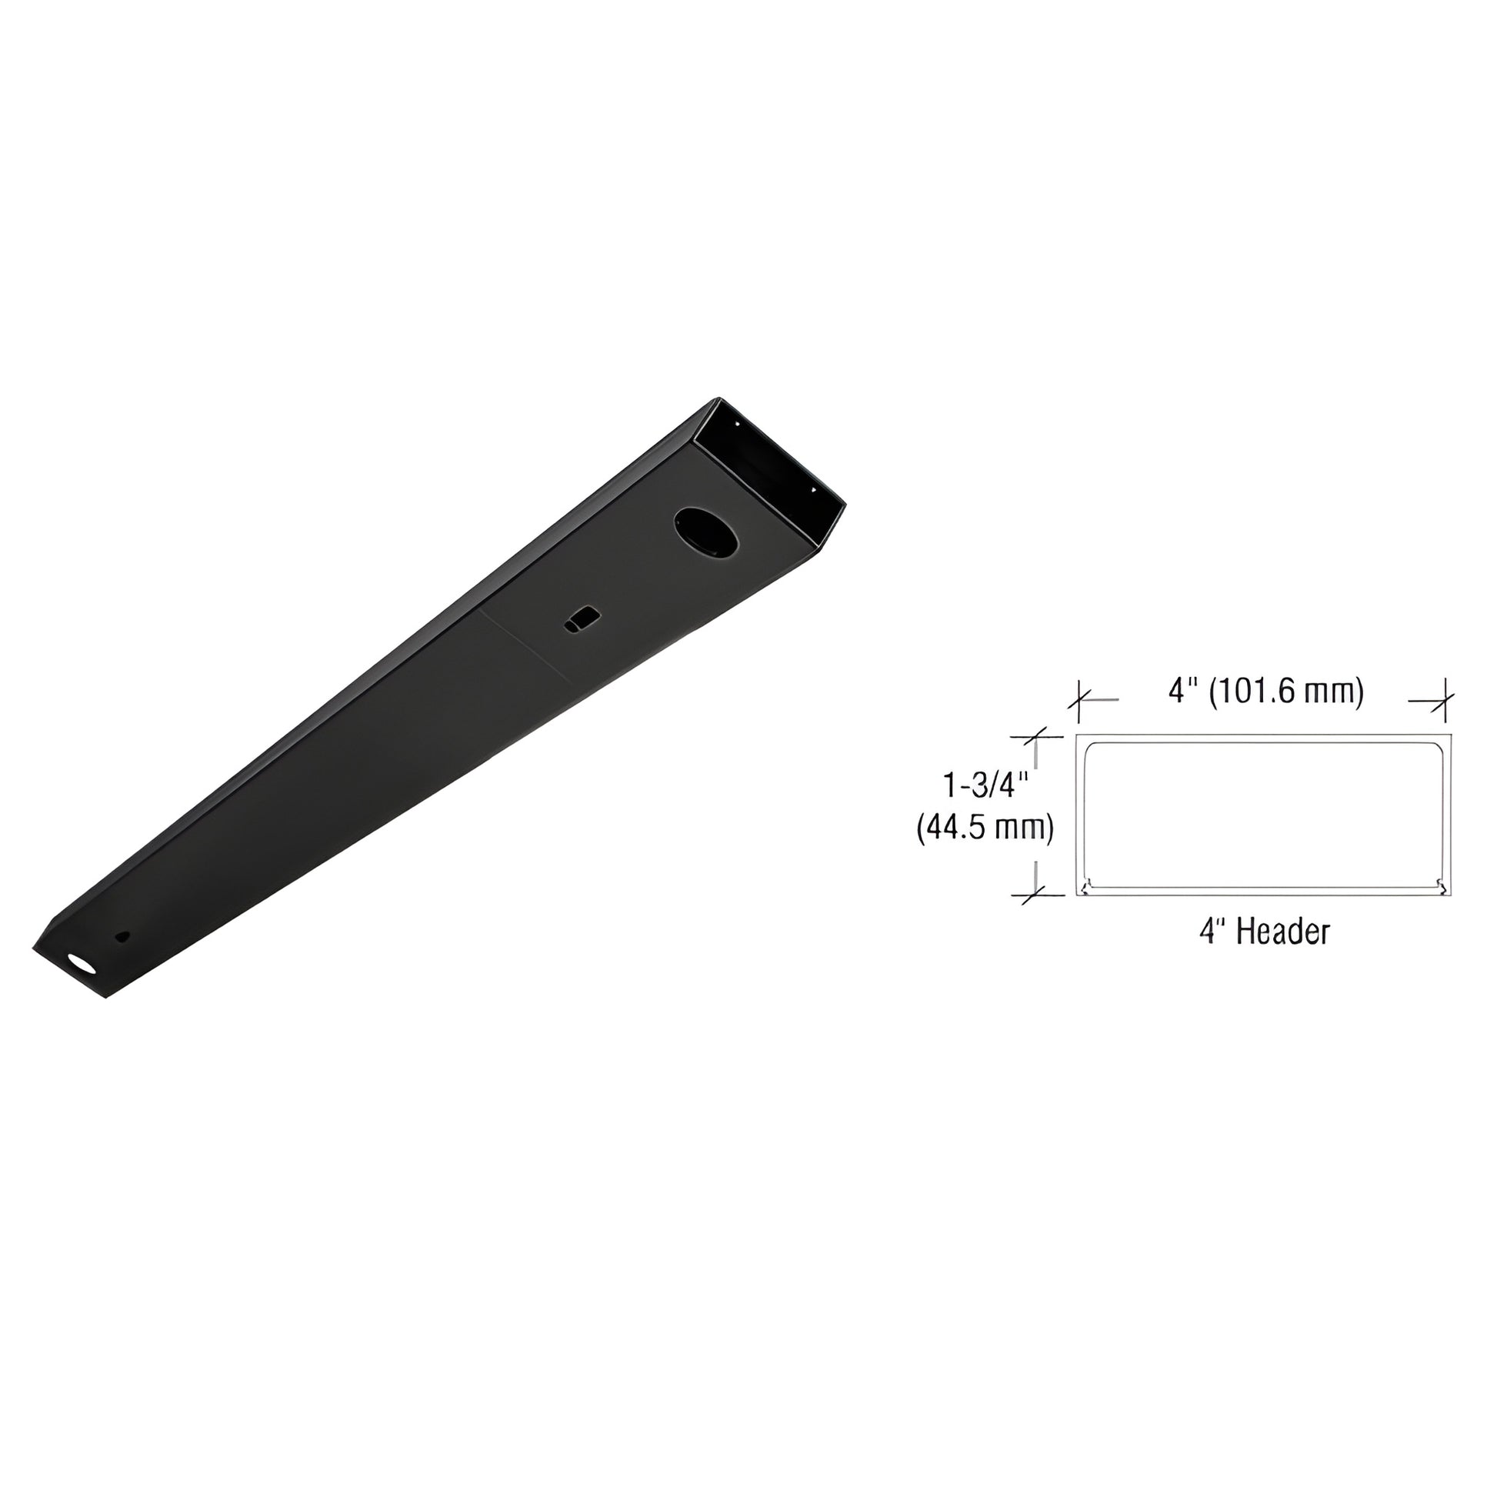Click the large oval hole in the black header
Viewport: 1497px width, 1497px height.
[x=706, y=532]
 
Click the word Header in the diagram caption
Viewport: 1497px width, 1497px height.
[x=1283, y=932]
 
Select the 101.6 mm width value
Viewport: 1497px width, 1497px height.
[x=1286, y=690]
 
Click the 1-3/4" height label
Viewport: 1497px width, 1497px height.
[x=984, y=785]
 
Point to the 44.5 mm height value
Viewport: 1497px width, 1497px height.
[x=985, y=829]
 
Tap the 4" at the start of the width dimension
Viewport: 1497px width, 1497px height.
[x=1179, y=690]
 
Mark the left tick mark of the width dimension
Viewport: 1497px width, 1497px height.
[x=1079, y=700]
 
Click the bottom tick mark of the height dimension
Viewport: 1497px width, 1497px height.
[x=1038, y=895]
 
